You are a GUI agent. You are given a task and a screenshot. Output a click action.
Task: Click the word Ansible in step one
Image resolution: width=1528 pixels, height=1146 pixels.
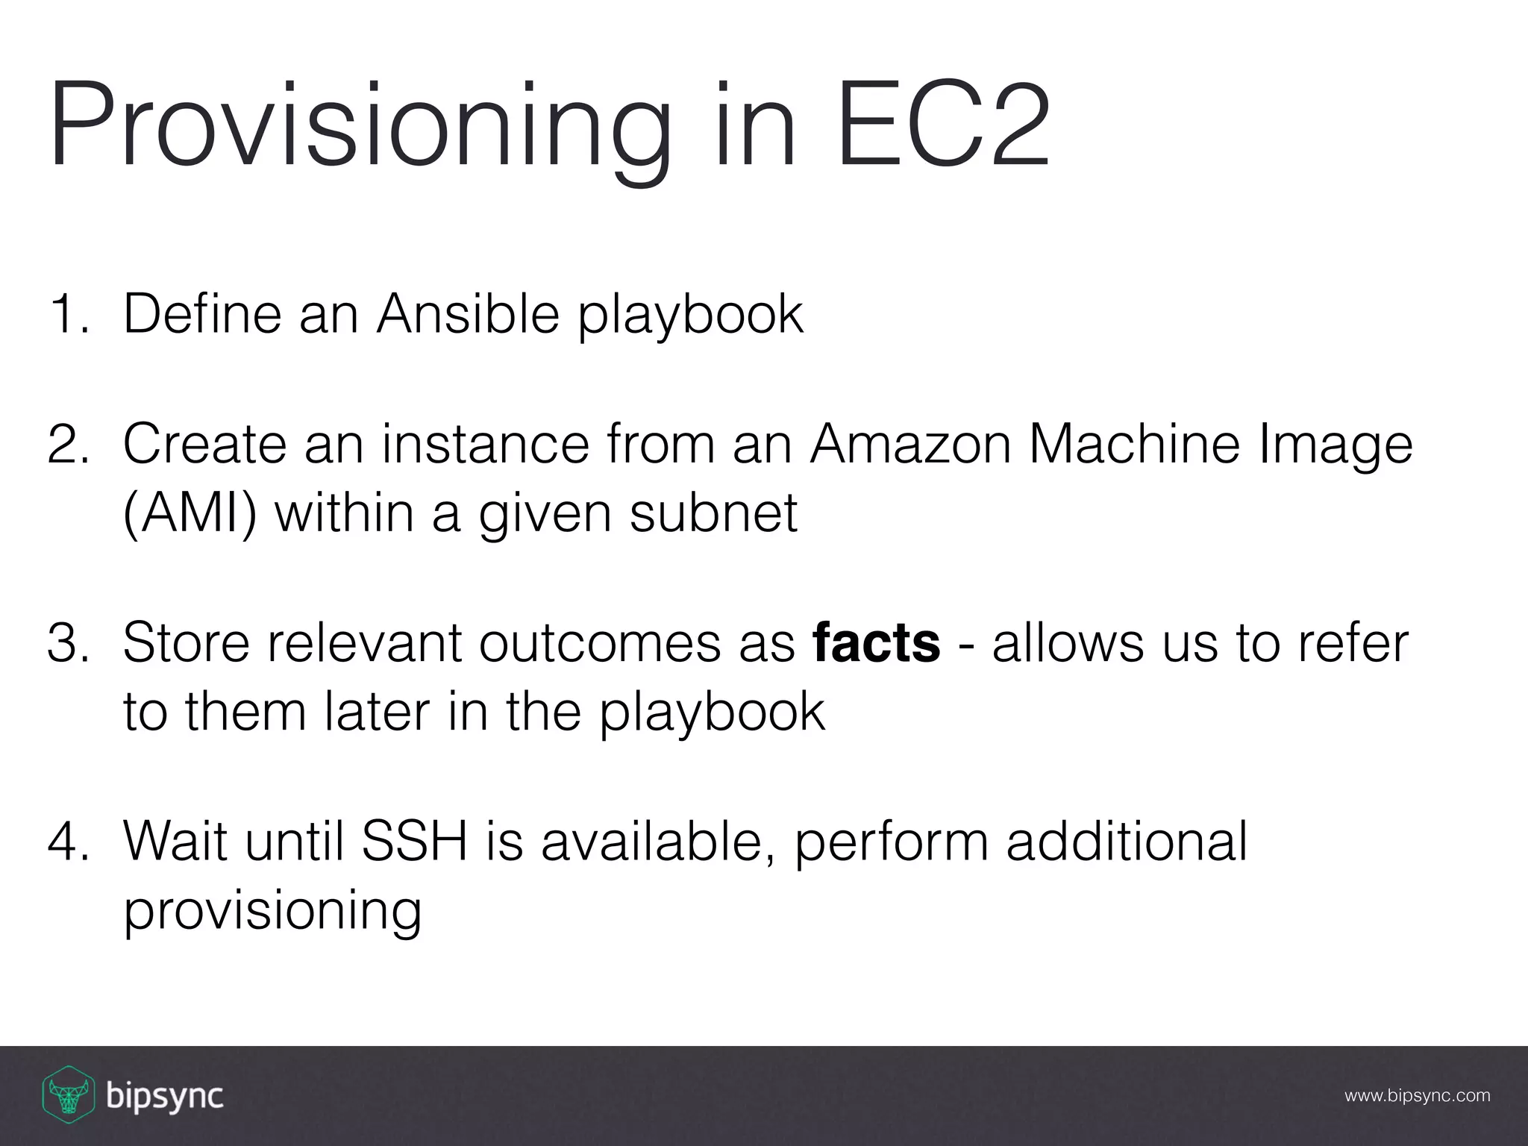pyautogui.click(x=468, y=314)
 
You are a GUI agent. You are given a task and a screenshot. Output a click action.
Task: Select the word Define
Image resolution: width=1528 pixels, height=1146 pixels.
pyautogui.click(x=204, y=314)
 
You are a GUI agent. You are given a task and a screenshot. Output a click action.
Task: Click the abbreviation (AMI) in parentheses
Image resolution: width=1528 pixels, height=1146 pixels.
pyautogui.click(x=190, y=513)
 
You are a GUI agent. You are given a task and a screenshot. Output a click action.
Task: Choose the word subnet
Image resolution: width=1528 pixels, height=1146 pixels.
pyautogui.click(x=713, y=513)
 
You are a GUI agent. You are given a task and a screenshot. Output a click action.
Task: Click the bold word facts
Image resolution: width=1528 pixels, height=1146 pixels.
pyautogui.click(x=876, y=643)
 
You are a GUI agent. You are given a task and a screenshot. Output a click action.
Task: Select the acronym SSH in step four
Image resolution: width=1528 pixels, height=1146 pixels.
pyautogui.click(x=414, y=842)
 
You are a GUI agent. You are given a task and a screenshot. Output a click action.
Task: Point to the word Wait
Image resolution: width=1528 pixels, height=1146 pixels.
pyautogui.click(x=175, y=842)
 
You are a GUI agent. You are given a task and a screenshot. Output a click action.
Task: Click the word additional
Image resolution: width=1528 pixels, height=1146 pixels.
pyautogui.click(x=1127, y=842)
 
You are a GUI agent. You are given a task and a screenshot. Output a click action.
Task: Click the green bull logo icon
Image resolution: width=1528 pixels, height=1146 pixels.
pyautogui.click(x=67, y=1095)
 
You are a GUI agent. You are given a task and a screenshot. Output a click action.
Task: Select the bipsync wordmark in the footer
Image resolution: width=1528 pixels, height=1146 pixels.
pyautogui.click(x=165, y=1097)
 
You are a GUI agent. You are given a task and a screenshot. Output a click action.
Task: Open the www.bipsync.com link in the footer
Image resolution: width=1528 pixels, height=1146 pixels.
pyautogui.click(x=1417, y=1096)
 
